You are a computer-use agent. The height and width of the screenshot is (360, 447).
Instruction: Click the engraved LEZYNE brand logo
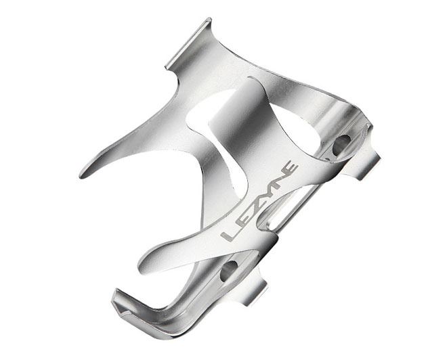[259, 202]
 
